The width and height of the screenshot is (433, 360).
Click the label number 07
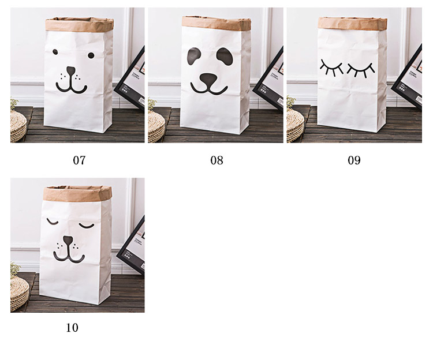[x=79, y=160]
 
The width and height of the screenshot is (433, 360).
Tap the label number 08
[x=216, y=160]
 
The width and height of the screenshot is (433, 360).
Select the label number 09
[x=354, y=160]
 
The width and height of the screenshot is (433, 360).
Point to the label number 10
[x=72, y=328]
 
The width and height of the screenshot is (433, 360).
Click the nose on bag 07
[x=71, y=70]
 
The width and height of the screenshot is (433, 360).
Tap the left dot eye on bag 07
[x=55, y=51]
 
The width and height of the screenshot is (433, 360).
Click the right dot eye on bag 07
[x=91, y=55]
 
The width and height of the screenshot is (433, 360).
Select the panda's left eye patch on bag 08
[x=193, y=56]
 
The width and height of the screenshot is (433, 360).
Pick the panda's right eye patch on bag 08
[x=225, y=57]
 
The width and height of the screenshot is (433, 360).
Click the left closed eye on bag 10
[x=53, y=221]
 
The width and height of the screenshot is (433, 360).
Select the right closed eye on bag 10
[x=87, y=226]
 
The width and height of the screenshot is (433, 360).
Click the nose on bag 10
[x=68, y=240]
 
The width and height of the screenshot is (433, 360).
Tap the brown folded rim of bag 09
[x=352, y=23]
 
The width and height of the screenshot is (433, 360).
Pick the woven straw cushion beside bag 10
[x=19, y=293]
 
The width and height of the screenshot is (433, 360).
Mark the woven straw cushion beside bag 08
[x=156, y=126]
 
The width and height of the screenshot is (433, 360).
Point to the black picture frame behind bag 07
[x=130, y=80]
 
